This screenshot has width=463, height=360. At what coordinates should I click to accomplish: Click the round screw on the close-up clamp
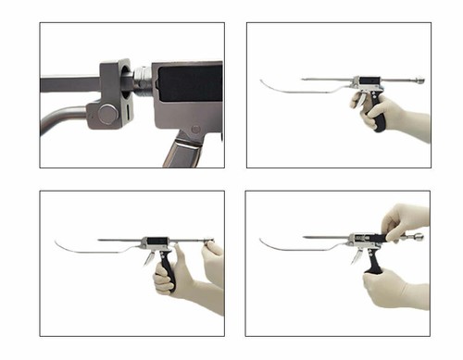click(106, 114)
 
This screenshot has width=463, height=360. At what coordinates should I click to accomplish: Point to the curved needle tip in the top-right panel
click(263, 88)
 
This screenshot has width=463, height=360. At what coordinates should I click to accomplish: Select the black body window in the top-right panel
click(366, 81)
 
